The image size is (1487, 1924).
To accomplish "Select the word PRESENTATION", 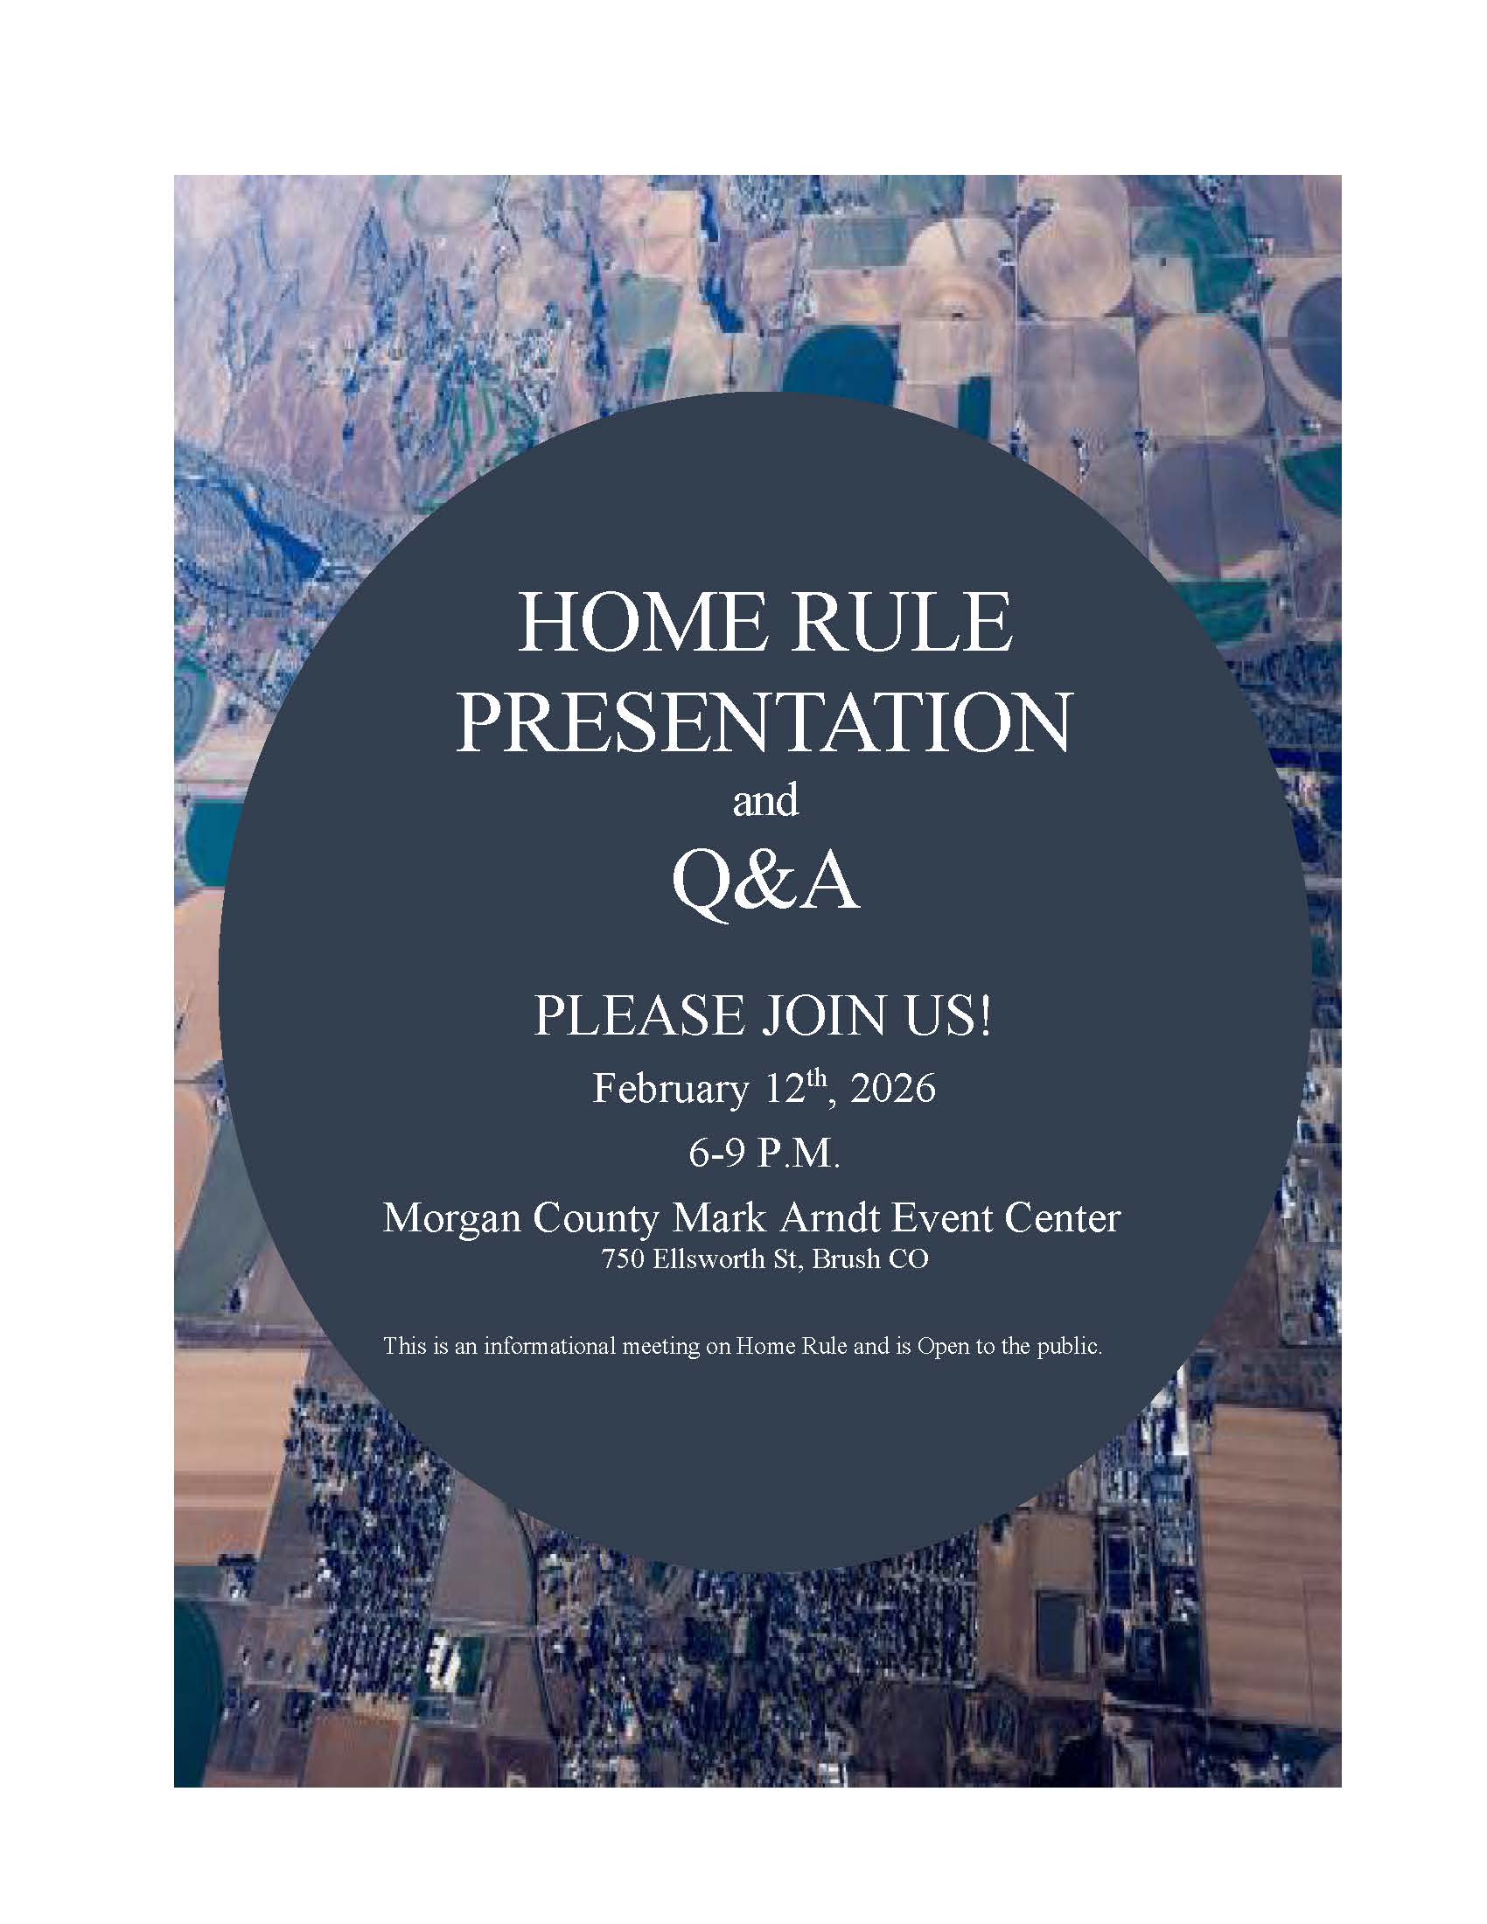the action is point(764,721).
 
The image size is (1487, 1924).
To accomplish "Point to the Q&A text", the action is point(764,884).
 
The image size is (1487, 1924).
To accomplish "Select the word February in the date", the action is point(669,1090).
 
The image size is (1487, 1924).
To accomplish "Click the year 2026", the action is point(893,1090).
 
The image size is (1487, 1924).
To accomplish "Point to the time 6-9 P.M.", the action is point(764,1154).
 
